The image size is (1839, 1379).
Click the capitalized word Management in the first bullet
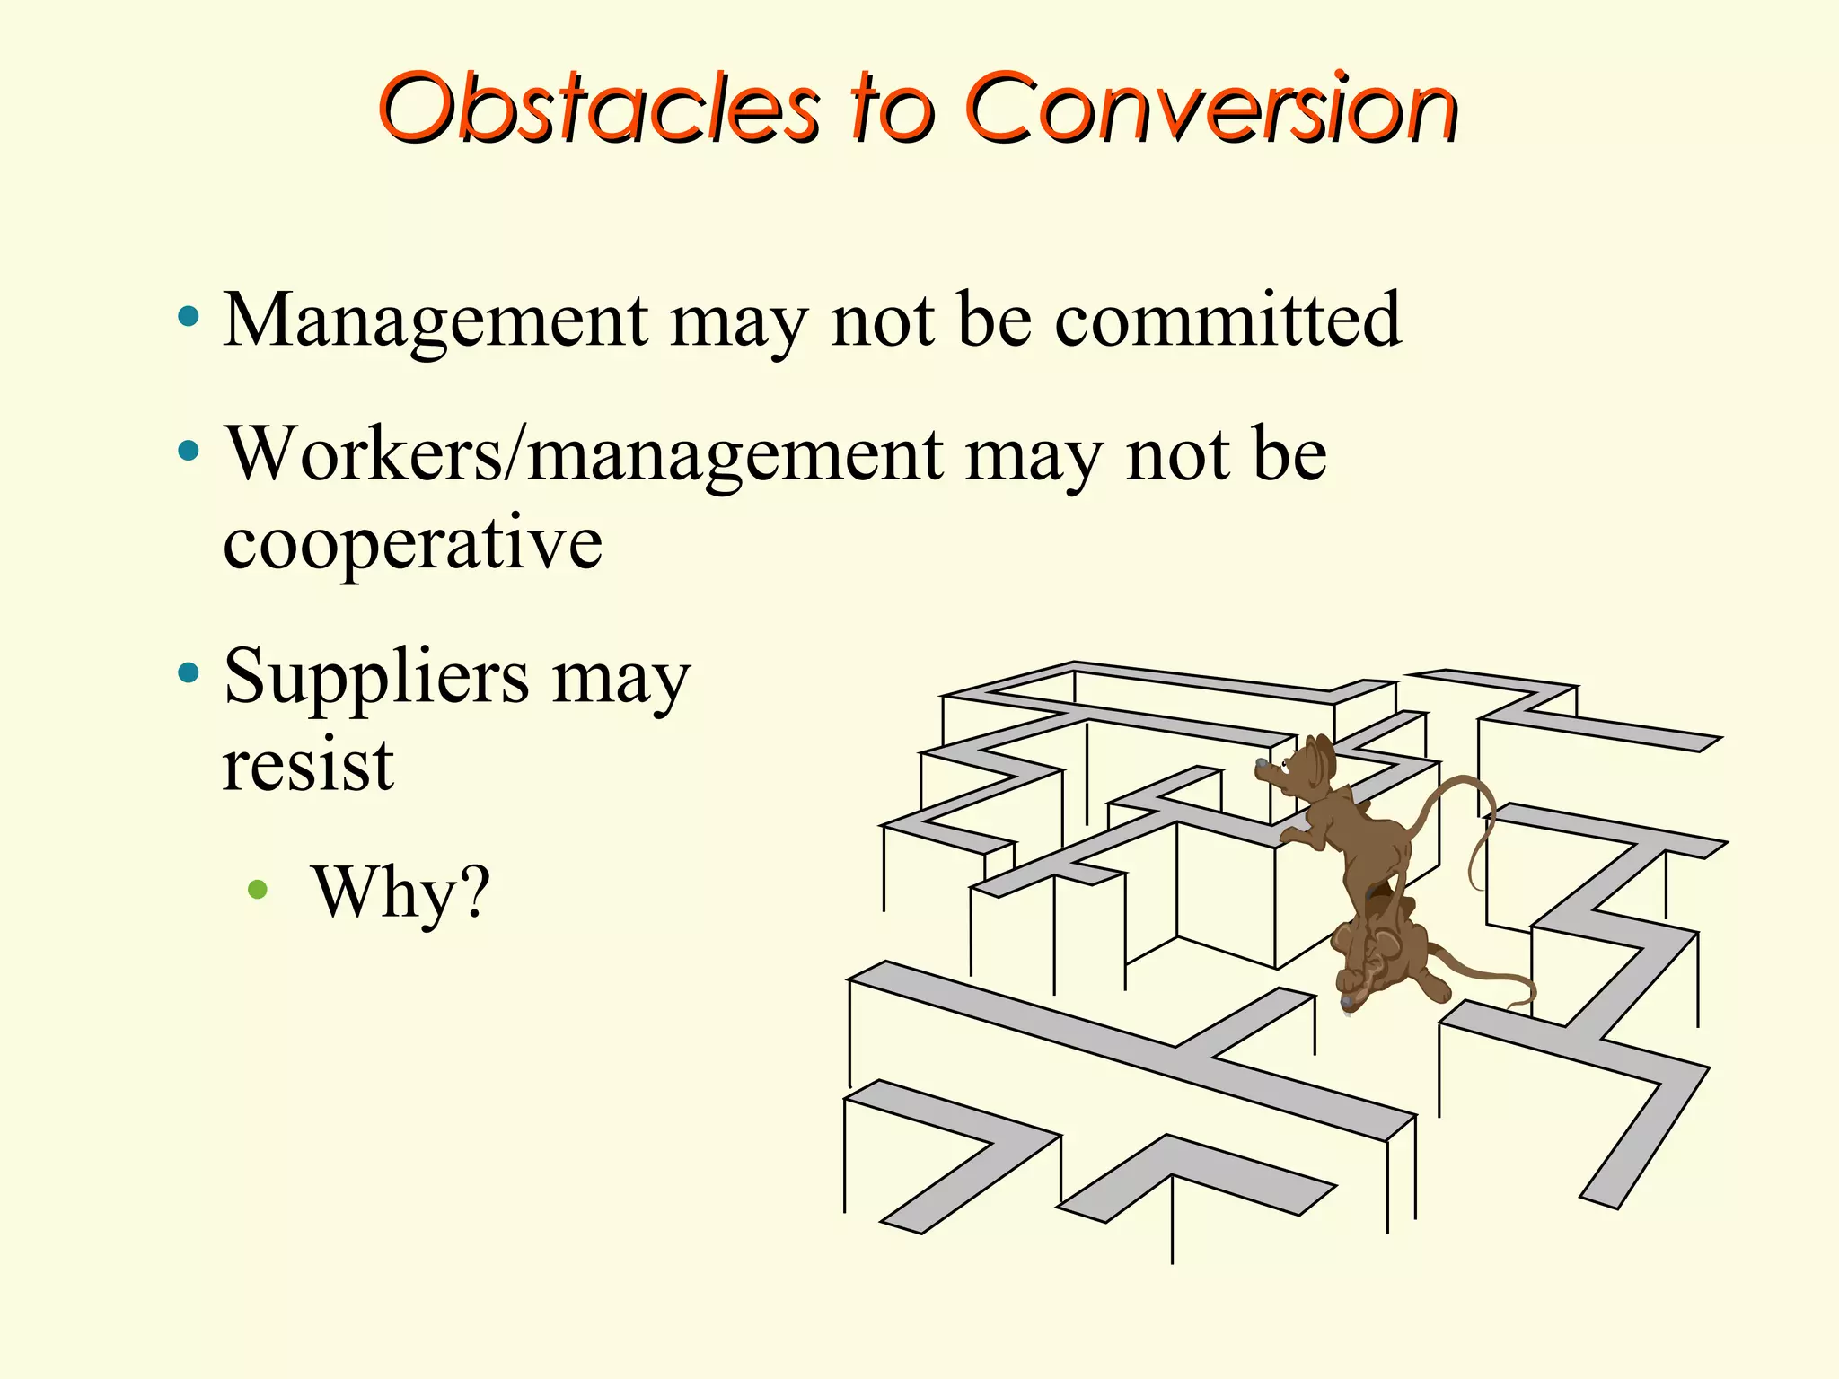436,321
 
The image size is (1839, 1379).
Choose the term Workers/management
584,456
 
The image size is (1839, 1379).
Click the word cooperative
412,544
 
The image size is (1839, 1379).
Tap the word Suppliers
376,679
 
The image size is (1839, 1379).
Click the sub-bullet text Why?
401,892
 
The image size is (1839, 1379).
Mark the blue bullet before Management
189,316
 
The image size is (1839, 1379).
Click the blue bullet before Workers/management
189,451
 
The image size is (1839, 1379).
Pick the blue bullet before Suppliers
189,672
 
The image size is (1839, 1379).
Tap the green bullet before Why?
258,890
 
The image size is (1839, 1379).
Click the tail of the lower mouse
1491,979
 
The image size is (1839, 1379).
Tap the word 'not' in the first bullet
883,321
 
